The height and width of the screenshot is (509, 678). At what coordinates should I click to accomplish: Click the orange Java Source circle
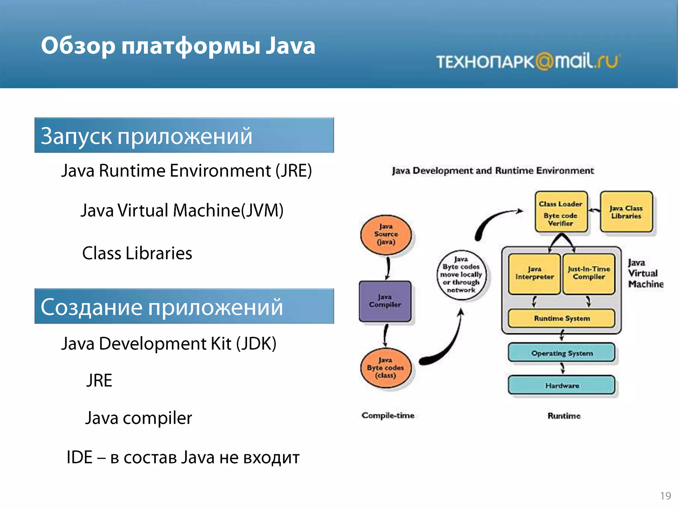tap(386, 235)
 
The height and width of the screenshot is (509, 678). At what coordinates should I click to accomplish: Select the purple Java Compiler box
tap(385, 301)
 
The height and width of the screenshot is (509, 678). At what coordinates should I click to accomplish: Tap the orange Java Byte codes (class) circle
tap(386, 368)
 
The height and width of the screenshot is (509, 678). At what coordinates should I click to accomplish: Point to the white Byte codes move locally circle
tap(461, 275)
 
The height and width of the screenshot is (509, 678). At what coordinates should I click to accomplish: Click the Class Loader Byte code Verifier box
tap(561, 212)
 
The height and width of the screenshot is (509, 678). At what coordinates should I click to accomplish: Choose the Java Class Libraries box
tap(626, 212)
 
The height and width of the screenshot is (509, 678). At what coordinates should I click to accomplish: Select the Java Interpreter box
tap(534, 274)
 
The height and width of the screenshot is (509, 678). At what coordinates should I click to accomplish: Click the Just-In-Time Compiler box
tap(589, 274)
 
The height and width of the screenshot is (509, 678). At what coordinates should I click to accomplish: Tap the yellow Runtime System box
tap(561, 318)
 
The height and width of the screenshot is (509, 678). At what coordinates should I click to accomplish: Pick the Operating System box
tap(561, 353)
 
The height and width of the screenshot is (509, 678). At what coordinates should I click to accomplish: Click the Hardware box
tap(561, 385)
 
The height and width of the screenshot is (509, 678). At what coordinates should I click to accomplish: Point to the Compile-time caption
tap(388, 416)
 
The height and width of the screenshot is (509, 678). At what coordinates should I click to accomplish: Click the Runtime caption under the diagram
tap(564, 416)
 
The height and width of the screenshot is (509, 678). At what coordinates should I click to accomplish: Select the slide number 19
tap(665, 496)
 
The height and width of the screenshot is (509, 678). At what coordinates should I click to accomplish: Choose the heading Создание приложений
tap(162, 307)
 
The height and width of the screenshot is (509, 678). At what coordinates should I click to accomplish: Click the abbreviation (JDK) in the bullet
tap(256, 344)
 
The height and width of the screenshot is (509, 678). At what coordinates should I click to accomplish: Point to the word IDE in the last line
tap(79, 457)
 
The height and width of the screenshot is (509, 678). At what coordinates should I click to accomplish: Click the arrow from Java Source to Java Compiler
tap(388, 268)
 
